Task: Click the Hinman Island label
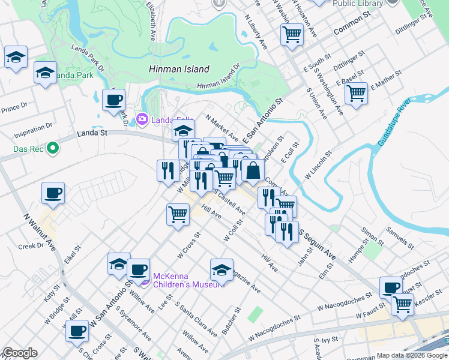pyautogui.click(x=179, y=69)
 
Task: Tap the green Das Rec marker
pyautogui.click(x=52, y=147)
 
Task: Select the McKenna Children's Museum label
pyautogui.click(x=188, y=280)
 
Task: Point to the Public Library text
pyautogui.click(x=358, y=3)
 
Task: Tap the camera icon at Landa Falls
pyautogui.click(x=142, y=119)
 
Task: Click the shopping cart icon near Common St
pyautogui.click(x=292, y=34)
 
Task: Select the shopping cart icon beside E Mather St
pyautogui.click(x=357, y=94)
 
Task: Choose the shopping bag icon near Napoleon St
pyautogui.click(x=253, y=170)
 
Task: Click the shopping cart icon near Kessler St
pyautogui.click(x=402, y=304)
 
